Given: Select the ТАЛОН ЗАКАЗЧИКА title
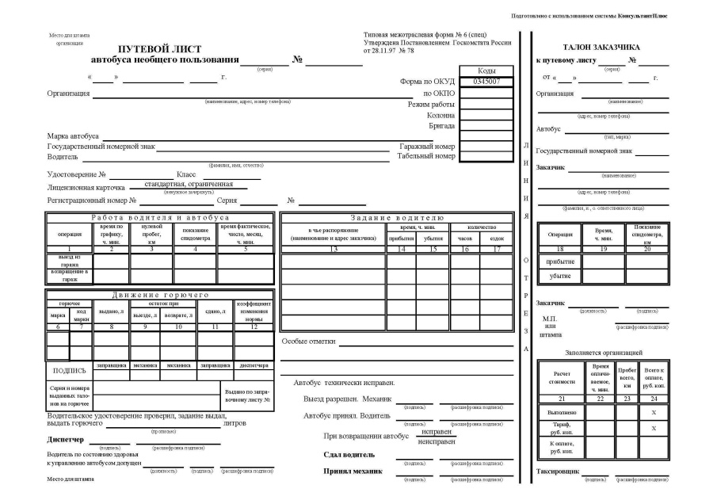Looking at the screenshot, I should (x=601, y=47).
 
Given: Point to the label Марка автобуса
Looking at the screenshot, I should (x=73, y=136).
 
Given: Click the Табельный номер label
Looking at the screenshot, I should (x=426, y=156).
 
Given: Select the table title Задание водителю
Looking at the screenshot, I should (x=398, y=217).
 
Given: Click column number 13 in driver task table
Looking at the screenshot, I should (x=334, y=250).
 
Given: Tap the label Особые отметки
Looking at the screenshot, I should (x=309, y=342).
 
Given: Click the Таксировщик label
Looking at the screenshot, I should (x=557, y=472).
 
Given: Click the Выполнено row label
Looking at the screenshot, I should (x=560, y=412).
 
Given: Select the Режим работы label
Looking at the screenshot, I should (x=431, y=105).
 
